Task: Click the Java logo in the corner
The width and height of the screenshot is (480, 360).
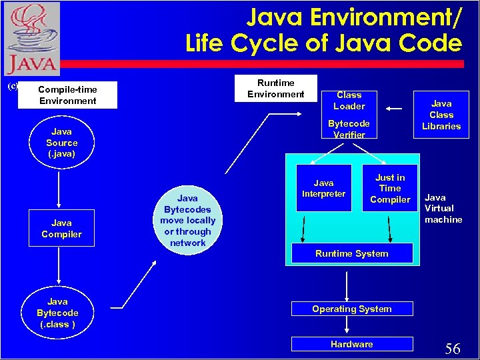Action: point(32,39)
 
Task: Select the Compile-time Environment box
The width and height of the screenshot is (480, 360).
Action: point(67,95)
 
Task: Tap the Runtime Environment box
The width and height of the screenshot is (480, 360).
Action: point(275,88)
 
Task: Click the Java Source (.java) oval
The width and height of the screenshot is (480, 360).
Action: point(61,143)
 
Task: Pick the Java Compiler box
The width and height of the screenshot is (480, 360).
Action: point(61,229)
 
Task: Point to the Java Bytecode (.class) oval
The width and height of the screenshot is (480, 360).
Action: point(57,313)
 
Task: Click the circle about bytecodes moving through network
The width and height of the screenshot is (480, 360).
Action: point(187,221)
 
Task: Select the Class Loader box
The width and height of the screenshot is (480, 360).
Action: point(349,101)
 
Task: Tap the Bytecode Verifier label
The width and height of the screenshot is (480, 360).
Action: point(349,129)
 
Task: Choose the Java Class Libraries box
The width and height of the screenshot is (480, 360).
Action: point(441,115)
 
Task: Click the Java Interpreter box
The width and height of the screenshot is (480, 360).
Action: point(324,188)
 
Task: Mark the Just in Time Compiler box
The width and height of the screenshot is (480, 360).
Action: point(390,188)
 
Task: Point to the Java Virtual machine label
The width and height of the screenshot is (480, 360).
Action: point(443,209)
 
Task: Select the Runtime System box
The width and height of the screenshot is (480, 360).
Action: point(351,253)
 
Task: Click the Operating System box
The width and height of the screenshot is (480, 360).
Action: point(351,309)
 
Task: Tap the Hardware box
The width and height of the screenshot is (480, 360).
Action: point(351,344)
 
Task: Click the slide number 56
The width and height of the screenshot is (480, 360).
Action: point(453,349)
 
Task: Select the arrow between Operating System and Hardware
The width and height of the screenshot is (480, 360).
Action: point(347,326)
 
